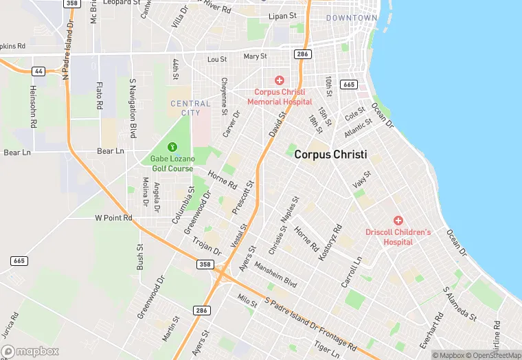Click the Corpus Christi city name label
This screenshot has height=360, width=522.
[x=330, y=155]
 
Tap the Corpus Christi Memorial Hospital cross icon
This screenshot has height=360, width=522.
[x=280, y=81]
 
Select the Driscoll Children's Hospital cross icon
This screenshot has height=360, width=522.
[x=398, y=221]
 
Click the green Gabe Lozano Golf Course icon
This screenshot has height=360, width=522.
[x=172, y=146]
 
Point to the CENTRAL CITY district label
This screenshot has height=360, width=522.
[x=190, y=108]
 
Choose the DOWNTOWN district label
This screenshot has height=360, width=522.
[x=352, y=18]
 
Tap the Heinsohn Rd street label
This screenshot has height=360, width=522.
[x=33, y=106]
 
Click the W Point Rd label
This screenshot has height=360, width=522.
[x=113, y=218]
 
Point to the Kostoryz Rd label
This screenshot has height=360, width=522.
[x=330, y=241]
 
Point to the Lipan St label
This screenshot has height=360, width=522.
[x=282, y=15]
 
